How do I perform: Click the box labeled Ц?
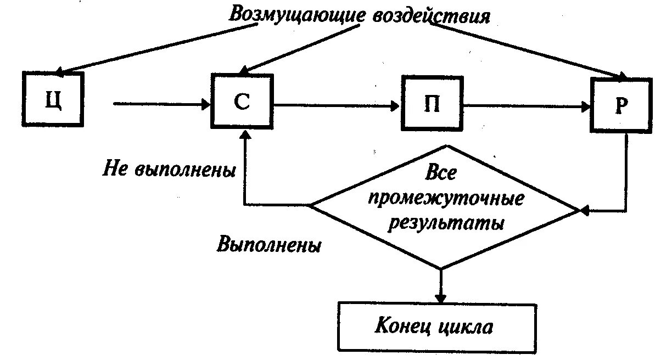[53, 99]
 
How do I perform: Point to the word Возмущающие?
[294, 15]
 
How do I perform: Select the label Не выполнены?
[169, 169]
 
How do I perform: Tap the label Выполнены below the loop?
[268, 244]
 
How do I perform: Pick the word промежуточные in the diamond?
[445, 199]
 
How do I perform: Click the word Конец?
[405, 327]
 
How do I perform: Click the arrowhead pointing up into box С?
[245, 134]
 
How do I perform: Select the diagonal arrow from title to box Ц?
[159, 49]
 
